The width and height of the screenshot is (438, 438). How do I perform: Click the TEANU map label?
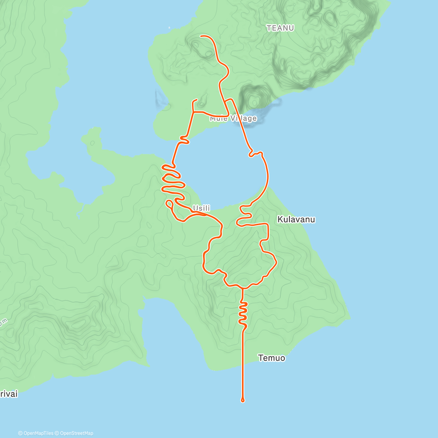pos(280,28)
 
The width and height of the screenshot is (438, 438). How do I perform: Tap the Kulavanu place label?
pos(296,219)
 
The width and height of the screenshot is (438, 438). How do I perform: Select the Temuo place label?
pos(272,358)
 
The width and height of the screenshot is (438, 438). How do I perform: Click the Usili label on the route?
pos(201,208)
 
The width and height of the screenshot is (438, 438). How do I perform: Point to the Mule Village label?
pos(233,118)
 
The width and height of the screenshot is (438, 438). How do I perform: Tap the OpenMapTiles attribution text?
pos(38,433)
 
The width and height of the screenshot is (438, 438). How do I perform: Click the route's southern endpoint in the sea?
pos(243,400)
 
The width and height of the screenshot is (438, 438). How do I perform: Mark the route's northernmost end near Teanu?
pos(201,36)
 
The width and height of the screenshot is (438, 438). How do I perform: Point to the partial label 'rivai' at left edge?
pos(9,394)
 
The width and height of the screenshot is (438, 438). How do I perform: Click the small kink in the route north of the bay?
pos(185,139)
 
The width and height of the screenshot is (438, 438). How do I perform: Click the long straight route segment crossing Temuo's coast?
pos(243,361)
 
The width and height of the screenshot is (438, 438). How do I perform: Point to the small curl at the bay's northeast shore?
pos(252,154)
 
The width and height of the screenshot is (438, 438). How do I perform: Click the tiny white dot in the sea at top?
pos(169,28)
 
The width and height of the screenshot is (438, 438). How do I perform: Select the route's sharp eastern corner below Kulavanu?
pos(276,262)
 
